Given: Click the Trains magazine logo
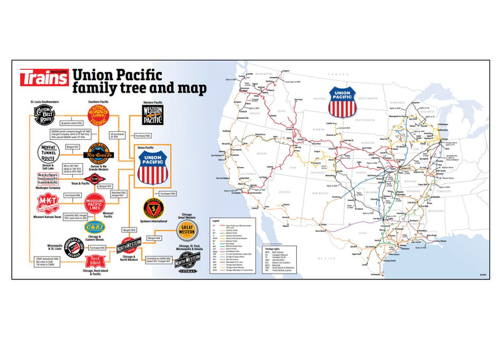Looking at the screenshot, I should (43, 78).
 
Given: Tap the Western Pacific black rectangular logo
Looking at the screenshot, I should (152, 117).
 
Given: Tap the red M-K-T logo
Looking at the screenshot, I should (46, 202).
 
